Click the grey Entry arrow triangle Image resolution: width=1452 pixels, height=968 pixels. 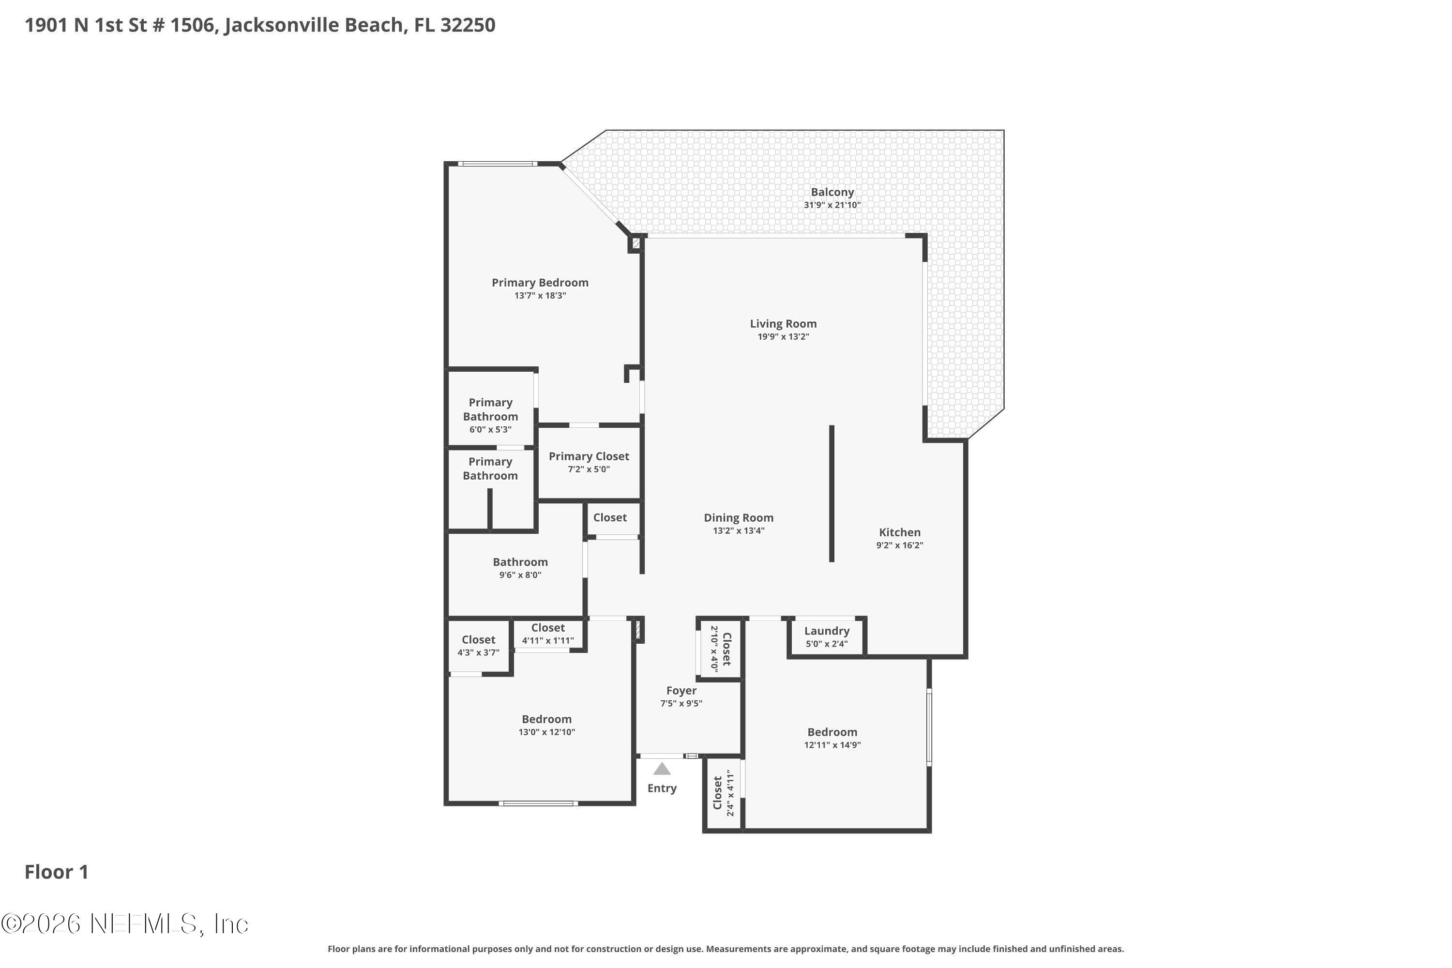pyautogui.click(x=662, y=769)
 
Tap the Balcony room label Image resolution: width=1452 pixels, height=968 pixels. pyautogui.click(x=832, y=192)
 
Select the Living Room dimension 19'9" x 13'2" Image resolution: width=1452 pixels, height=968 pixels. pyautogui.click(x=784, y=337)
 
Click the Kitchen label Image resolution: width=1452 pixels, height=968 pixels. pyautogui.click(x=899, y=532)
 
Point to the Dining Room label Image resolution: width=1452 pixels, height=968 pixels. pyautogui.click(x=739, y=518)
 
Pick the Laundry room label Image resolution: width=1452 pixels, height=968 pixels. pyautogui.click(x=827, y=631)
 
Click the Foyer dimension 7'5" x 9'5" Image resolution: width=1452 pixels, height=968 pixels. pyautogui.click(x=681, y=704)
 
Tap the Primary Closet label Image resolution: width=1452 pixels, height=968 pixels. pyautogui.click(x=589, y=456)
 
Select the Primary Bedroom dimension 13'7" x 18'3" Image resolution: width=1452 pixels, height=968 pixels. pyautogui.click(x=540, y=296)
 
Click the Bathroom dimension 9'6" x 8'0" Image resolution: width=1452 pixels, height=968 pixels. pyautogui.click(x=520, y=575)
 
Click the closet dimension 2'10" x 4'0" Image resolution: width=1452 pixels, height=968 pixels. pyautogui.click(x=714, y=648)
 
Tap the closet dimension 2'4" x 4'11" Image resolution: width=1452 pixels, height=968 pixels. pyautogui.click(x=730, y=793)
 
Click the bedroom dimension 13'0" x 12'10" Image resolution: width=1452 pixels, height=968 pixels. pyautogui.click(x=546, y=732)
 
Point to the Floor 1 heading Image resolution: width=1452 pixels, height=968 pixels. pyautogui.click(x=57, y=872)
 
